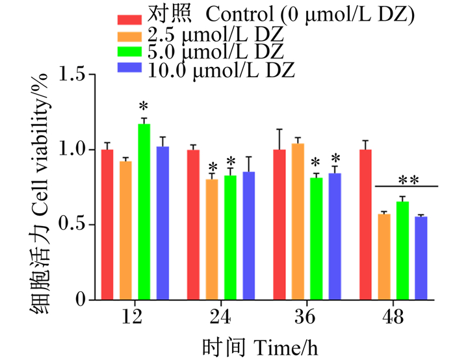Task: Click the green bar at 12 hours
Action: coord(144,212)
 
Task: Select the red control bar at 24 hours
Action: coord(193,225)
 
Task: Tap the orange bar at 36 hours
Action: coord(298,222)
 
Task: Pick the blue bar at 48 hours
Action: coord(421,258)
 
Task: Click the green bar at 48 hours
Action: coord(402,251)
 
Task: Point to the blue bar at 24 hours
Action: coord(249,236)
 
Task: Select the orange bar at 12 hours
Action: coord(125,231)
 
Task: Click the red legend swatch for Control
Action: coord(129,19)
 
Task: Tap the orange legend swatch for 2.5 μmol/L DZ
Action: coord(129,36)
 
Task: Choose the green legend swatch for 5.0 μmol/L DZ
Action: coord(129,51)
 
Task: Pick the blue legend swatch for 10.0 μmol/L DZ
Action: coord(129,68)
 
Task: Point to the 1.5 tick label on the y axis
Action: coord(72,74)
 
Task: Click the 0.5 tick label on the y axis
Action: coord(72,224)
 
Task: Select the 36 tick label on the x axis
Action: coord(305,316)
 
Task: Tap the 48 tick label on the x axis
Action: coord(393,316)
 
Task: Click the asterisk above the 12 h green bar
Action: coord(144,107)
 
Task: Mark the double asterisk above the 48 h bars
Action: coord(409,181)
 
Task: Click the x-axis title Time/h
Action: coord(286,348)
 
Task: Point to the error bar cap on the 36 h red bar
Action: coord(279,129)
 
